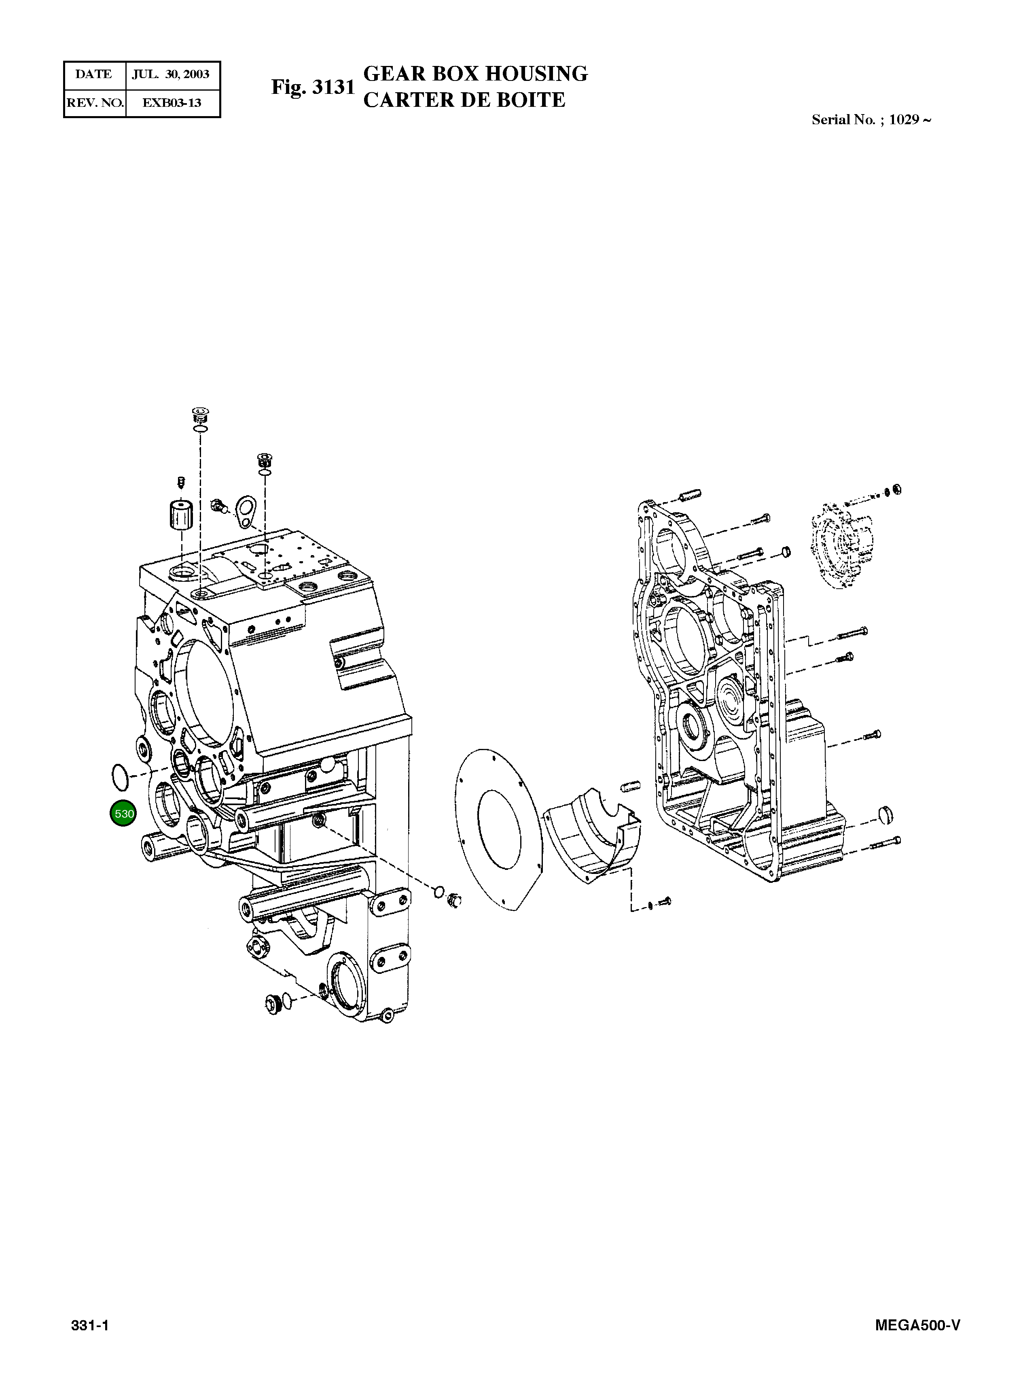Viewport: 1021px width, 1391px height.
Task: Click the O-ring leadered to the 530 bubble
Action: click(120, 777)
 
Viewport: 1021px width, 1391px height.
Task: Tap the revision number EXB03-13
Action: click(172, 103)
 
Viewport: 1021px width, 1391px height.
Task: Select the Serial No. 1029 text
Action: click(871, 120)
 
